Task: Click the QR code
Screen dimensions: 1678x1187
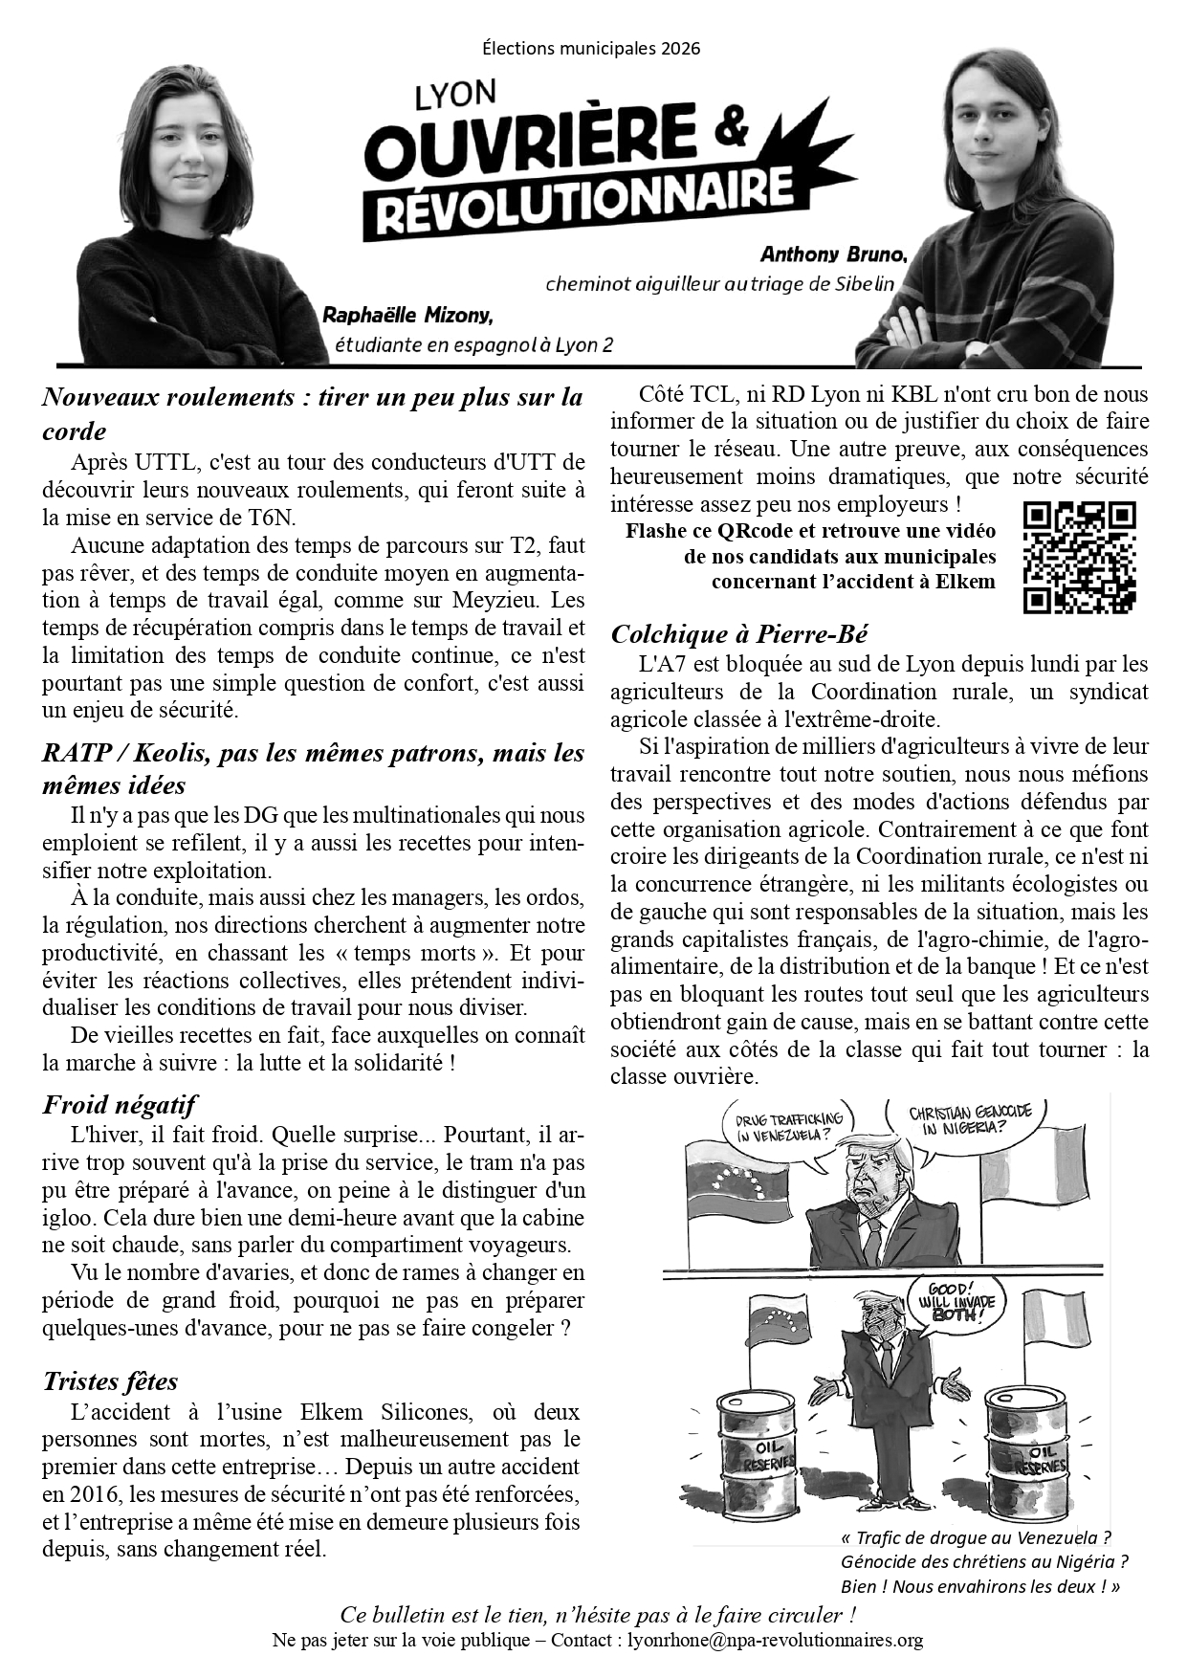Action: coord(1079,557)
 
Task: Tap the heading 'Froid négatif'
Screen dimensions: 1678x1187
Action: coord(119,1105)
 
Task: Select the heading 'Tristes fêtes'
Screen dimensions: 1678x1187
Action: coord(110,1380)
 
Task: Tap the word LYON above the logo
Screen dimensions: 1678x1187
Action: coord(455,95)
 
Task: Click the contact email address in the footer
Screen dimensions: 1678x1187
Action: coord(775,1640)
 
